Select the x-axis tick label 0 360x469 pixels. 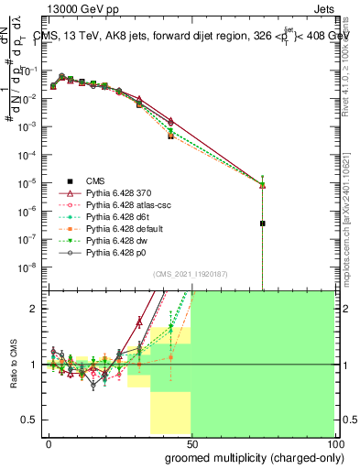click(x=48, y=443)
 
